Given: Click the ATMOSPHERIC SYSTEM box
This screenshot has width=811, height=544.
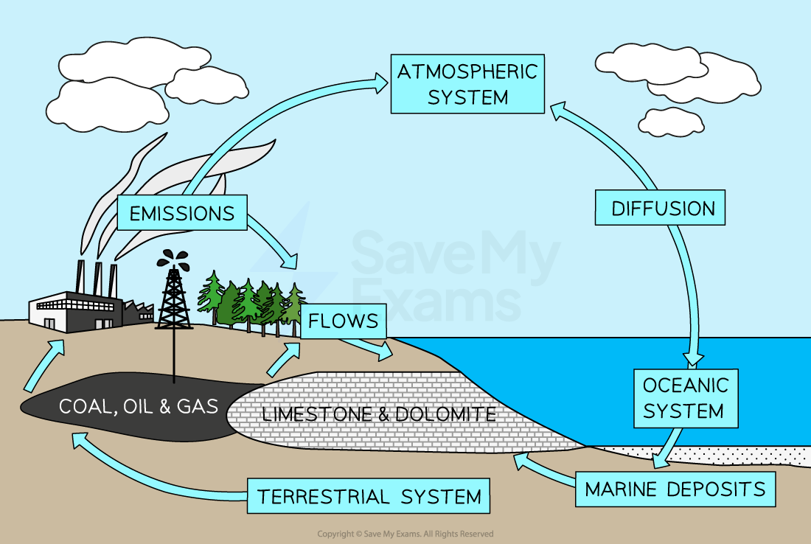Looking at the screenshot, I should [x=467, y=84].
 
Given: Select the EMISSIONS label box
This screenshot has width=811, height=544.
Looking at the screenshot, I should [x=181, y=214].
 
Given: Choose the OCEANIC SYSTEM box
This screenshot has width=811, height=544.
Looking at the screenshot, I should [x=685, y=398].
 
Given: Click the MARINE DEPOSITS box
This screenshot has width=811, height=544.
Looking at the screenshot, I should [x=675, y=489].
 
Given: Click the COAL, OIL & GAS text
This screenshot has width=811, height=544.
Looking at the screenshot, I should [x=139, y=406].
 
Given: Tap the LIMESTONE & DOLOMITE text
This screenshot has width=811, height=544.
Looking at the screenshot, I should [x=378, y=414].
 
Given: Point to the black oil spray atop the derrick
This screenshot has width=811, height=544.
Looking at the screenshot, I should [x=174, y=258].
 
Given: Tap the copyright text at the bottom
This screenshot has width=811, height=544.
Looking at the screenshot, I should [x=405, y=534].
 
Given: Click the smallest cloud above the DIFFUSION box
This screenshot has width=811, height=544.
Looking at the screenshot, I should [x=670, y=121].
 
